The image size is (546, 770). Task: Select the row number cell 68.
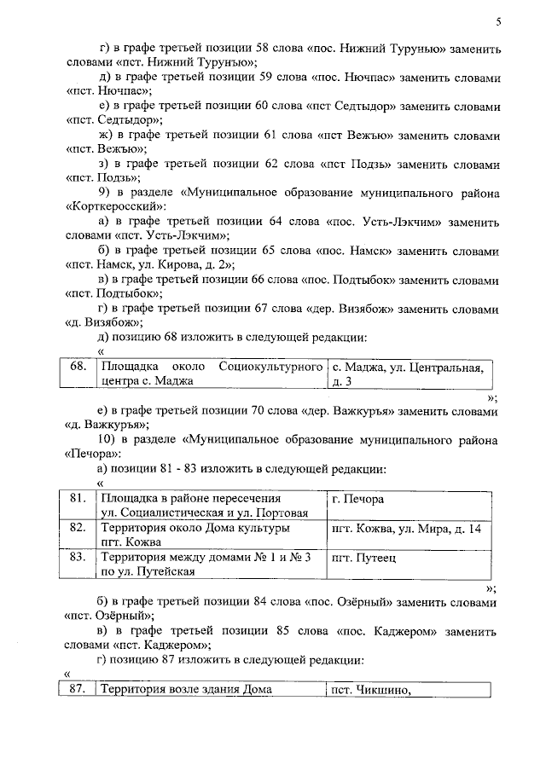click(78, 367)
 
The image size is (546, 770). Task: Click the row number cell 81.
click(78, 498)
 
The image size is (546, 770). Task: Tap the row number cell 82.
click(78, 529)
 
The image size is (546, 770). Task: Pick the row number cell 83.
click(78, 558)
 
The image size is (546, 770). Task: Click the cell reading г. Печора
click(357, 498)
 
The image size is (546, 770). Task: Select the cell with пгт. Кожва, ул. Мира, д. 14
click(406, 529)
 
